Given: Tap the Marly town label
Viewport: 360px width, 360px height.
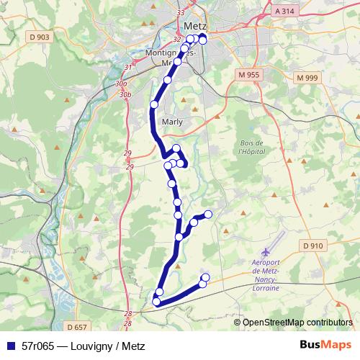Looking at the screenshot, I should pyautogui.click(x=173, y=122).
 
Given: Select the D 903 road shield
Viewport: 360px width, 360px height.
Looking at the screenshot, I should pyautogui.click(x=38, y=36).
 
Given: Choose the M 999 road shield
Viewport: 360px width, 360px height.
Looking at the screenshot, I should pyautogui.click(x=307, y=77).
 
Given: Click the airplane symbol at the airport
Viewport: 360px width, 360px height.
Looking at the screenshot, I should pyautogui.click(x=266, y=251).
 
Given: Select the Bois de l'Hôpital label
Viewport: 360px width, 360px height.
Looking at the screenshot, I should pyautogui.click(x=252, y=147).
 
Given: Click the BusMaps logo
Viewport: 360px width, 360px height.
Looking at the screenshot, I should pyautogui.click(x=325, y=346).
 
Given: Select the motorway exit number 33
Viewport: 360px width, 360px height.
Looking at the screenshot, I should pyautogui.click(x=180, y=13).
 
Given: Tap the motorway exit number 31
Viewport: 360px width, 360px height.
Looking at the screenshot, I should pyautogui.click(x=128, y=67).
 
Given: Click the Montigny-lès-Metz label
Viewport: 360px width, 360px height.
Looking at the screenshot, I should pyautogui.click(x=166, y=58).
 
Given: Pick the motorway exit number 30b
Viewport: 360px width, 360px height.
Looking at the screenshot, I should pyautogui.click(x=125, y=94).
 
